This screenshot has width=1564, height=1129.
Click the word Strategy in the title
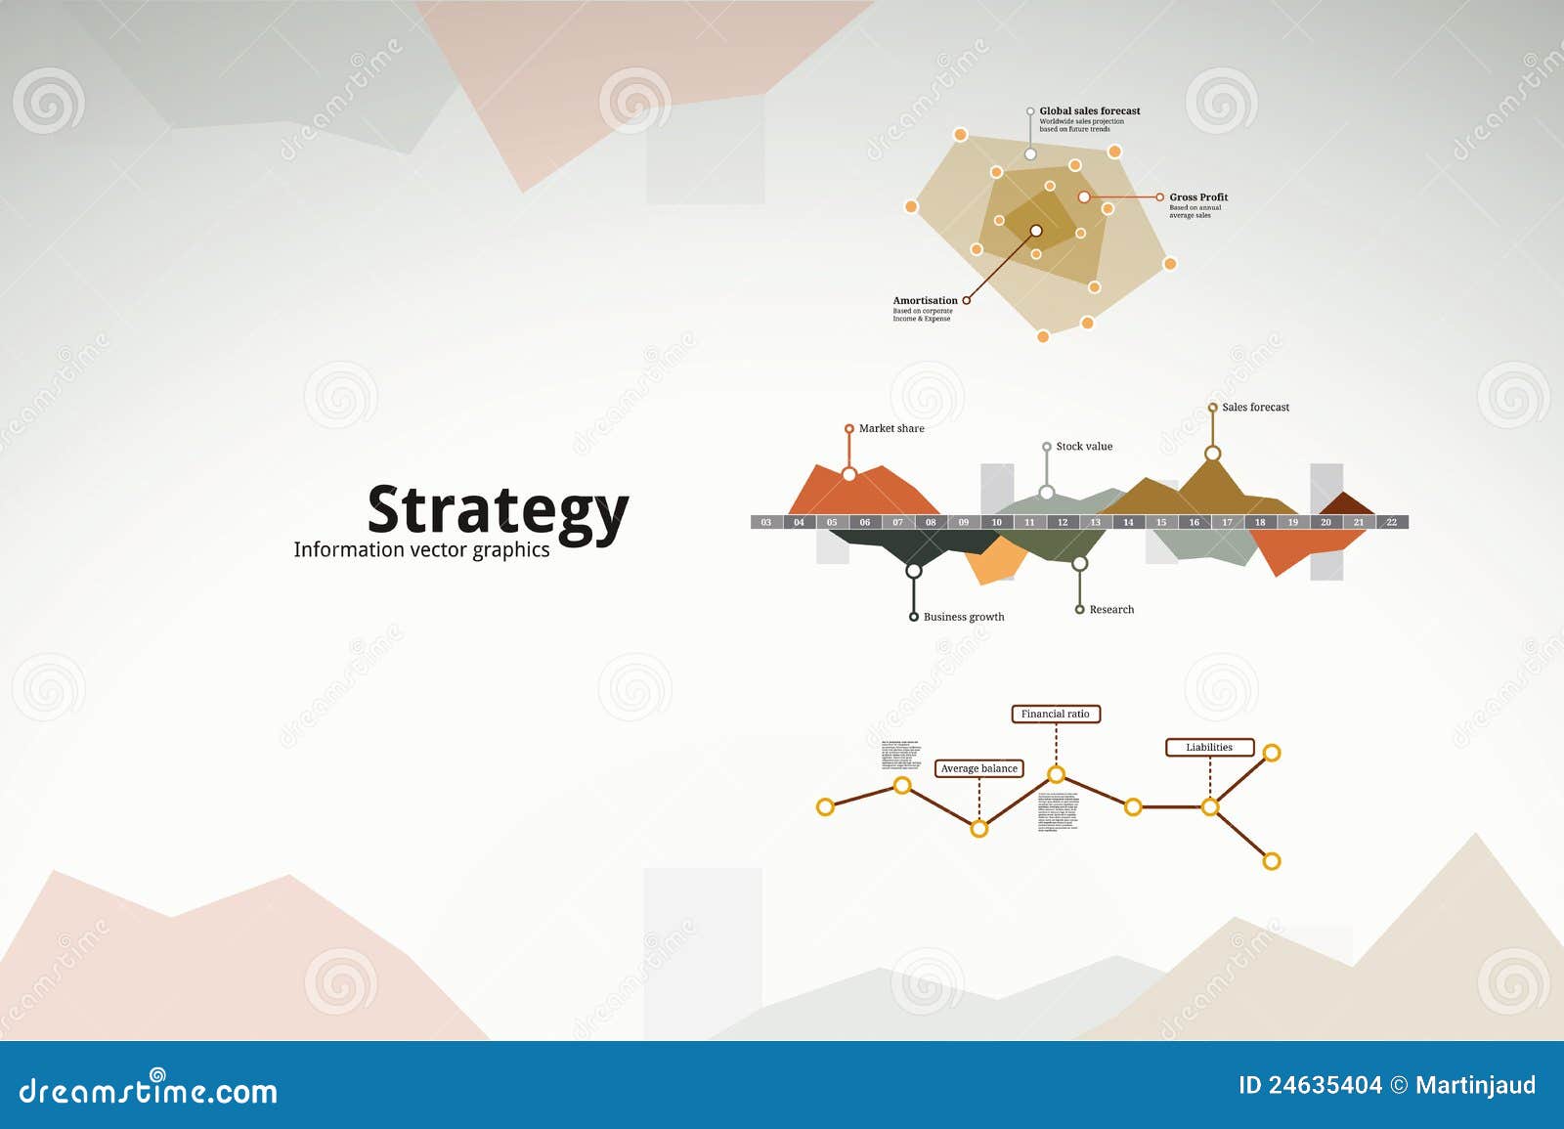(497, 511)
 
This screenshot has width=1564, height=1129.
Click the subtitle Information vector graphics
(421, 549)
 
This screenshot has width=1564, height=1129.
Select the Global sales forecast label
(1089, 111)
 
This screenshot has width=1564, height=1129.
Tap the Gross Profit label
(1197, 197)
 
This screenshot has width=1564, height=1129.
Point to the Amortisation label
(925, 301)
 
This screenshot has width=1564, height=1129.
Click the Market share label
(891, 429)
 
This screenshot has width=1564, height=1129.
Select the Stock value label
(1083, 447)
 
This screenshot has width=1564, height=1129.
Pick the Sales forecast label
(1255, 408)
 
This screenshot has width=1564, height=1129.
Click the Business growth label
(963, 617)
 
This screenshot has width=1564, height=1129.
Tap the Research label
(1111, 610)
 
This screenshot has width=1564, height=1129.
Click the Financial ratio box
(1055, 715)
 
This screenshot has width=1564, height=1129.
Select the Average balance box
(978, 769)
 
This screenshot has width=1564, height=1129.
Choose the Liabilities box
(1209, 748)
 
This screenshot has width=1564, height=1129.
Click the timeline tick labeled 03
(766, 523)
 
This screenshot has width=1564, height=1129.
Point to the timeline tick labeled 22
(1391, 523)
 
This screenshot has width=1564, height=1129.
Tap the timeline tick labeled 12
(1063, 523)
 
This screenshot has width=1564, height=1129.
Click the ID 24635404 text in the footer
(1309, 1086)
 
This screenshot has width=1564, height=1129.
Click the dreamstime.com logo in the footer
(149, 1090)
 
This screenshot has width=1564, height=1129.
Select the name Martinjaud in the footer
(1474, 1086)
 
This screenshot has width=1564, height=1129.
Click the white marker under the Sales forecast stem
(1212, 454)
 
